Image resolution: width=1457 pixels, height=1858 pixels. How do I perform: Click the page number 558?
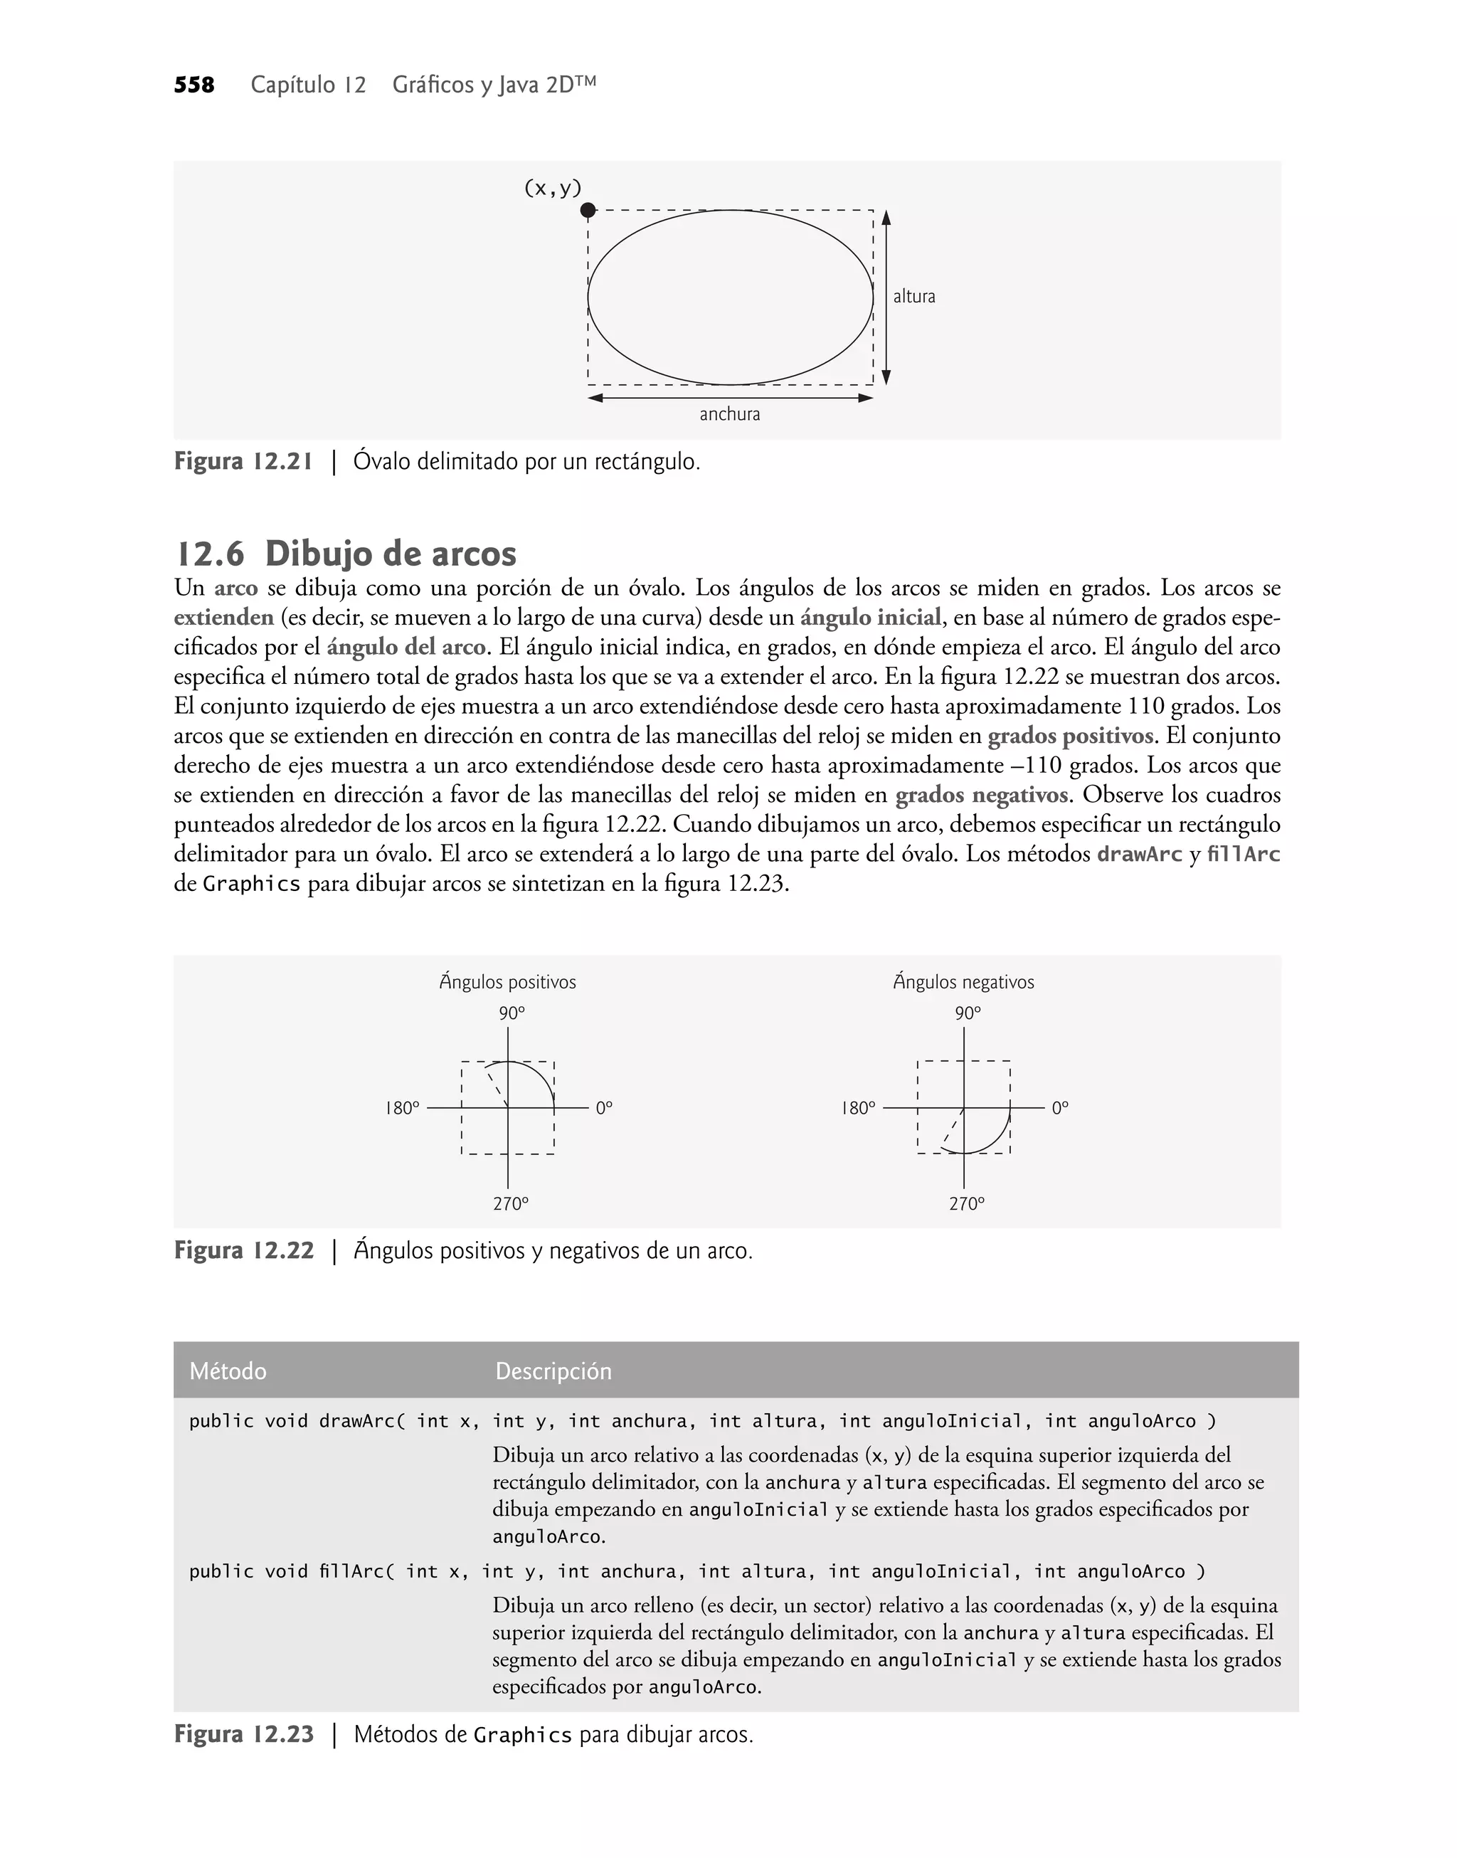pyautogui.click(x=194, y=85)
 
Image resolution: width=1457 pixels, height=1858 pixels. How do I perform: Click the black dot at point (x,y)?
pyautogui.click(x=588, y=210)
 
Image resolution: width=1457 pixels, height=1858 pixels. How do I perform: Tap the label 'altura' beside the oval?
pyautogui.click(x=913, y=297)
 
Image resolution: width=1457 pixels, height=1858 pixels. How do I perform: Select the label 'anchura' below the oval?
pyautogui.click(x=729, y=415)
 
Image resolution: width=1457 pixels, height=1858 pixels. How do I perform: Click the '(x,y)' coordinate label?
pyautogui.click(x=552, y=188)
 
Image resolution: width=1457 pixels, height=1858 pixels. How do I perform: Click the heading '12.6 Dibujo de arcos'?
pyautogui.click(x=346, y=554)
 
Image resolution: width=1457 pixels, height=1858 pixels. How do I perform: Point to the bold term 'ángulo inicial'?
pyautogui.click(x=870, y=618)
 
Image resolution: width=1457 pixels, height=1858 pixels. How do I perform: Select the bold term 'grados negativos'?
pyautogui.click(x=981, y=795)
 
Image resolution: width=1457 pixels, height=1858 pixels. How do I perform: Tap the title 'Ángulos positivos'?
pyautogui.click(x=507, y=982)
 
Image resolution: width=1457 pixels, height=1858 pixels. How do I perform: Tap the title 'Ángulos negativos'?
pyautogui.click(x=963, y=982)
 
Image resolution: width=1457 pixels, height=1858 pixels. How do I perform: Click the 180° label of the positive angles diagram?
pyautogui.click(x=402, y=1108)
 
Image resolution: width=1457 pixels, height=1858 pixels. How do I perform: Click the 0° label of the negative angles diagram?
pyautogui.click(x=1060, y=1108)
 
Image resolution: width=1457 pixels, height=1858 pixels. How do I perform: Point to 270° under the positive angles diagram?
pyautogui.click(x=510, y=1204)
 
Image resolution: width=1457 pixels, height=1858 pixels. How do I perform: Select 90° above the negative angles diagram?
pyautogui.click(x=968, y=1013)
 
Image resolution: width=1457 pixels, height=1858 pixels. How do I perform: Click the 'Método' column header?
pyautogui.click(x=228, y=1371)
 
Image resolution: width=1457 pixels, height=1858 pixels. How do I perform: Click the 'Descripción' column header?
pyautogui.click(x=553, y=1371)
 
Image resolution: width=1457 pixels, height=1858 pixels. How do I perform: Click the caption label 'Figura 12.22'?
pyautogui.click(x=244, y=1250)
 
